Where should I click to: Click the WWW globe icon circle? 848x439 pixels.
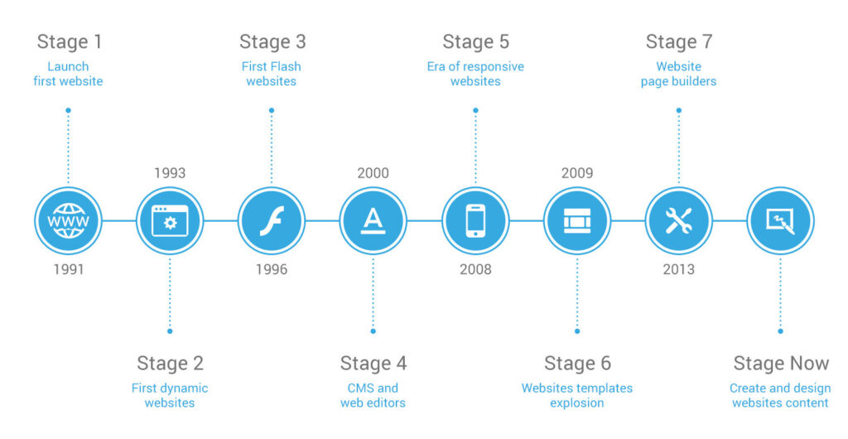click(x=68, y=221)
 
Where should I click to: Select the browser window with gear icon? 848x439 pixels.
click(x=170, y=221)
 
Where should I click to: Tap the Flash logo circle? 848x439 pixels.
click(x=272, y=221)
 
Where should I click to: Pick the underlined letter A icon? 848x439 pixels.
click(x=373, y=221)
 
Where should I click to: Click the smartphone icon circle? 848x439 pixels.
click(x=475, y=221)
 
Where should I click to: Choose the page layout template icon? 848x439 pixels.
click(x=577, y=221)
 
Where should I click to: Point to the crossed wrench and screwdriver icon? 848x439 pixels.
click(x=678, y=221)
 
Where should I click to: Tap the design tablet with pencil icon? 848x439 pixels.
click(x=780, y=221)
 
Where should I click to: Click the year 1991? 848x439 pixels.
click(x=68, y=269)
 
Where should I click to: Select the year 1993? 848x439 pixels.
click(x=170, y=173)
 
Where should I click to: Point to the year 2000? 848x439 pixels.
click(x=373, y=173)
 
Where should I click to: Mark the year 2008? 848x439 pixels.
click(x=475, y=269)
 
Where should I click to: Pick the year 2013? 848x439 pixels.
click(x=678, y=269)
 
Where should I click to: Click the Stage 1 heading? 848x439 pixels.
click(x=70, y=41)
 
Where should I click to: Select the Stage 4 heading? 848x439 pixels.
click(x=373, y=363)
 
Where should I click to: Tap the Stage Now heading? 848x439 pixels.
click(x=780, y=363)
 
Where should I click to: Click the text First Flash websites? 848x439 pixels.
click(x=272, y=74)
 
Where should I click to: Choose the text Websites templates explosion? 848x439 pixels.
click(x=577, y=395)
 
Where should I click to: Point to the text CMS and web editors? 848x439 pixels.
click(x=373, y=395)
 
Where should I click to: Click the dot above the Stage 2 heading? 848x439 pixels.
click(x=170, y=330)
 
